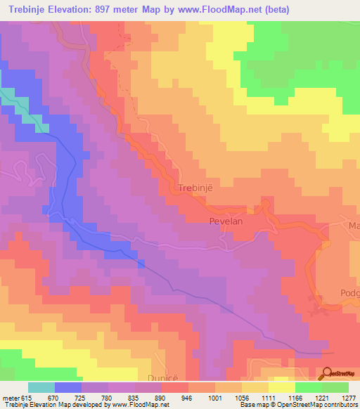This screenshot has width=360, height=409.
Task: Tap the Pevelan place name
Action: (226, 221)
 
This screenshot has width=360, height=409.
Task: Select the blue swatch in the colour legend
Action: (68, 387)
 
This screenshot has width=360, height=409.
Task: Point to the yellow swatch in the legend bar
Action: (281, 387)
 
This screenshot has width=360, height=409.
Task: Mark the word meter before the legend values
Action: (11, 398)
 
